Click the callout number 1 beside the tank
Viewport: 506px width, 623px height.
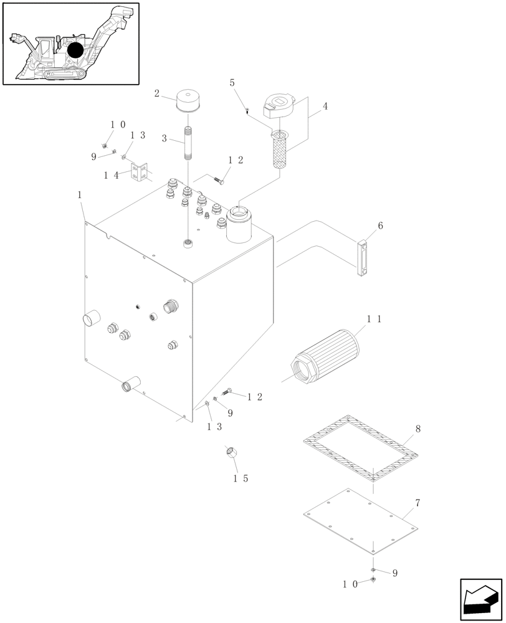coord(80,195)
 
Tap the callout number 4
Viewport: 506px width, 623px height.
coord(325,106)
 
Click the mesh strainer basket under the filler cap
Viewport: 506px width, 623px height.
coord(279,150)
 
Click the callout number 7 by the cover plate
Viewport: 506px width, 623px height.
coord(417,502)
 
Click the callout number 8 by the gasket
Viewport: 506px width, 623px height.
coord(418,429)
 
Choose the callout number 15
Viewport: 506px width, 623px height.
coord(241,478)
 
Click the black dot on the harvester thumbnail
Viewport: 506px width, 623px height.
coord(76,51)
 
